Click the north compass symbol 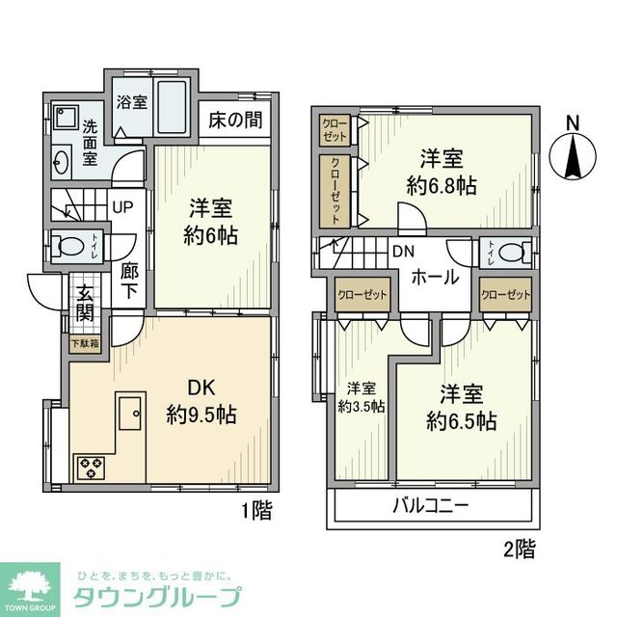click(572, 153)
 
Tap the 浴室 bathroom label click(132, 101)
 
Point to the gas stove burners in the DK click(91, 469)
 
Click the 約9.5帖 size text click(201, 416)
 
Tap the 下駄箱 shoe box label click(84, 342)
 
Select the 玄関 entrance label click(85, 300)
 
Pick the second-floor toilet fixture click(514, 253)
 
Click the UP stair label click(123, 205)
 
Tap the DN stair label click(403, 252)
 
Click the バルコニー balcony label click(430, 506)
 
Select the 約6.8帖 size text click(441, 186)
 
